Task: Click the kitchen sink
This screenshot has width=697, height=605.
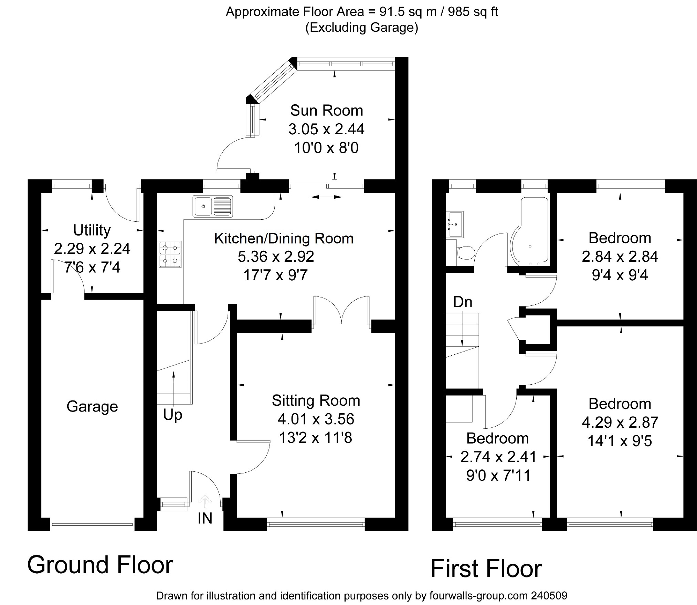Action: click(x=213, y=206)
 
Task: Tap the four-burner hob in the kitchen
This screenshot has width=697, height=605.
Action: click(x=170, y=254)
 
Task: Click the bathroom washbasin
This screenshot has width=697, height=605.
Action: click(x=455, y=224)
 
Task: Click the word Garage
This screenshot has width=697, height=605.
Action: click(x=92, y=407)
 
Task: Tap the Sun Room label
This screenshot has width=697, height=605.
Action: click(x=326, y=111)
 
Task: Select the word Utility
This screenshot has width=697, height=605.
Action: click(x=92, y=230)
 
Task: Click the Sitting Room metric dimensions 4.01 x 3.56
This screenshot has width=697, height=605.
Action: click(x=316, y=419)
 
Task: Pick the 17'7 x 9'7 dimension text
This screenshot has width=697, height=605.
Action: click(x=275, y=275)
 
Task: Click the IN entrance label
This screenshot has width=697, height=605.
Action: click(x=205, y=519)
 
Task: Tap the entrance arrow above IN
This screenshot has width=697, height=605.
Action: click(x=205, y=501)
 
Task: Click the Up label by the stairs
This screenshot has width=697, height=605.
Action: click(x=172, y=415)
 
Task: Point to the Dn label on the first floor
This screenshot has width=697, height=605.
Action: click(x=462, y=302)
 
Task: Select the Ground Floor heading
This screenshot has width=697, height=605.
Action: click(x=100, y=565)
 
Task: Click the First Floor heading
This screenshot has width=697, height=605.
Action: click(x=486, y=569)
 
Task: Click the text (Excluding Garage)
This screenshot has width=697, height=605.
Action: click(x=362, y=28)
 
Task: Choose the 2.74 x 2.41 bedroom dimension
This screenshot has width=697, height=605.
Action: click(x=498, y=457)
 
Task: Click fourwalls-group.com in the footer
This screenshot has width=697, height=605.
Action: click(x=478, y=595)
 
